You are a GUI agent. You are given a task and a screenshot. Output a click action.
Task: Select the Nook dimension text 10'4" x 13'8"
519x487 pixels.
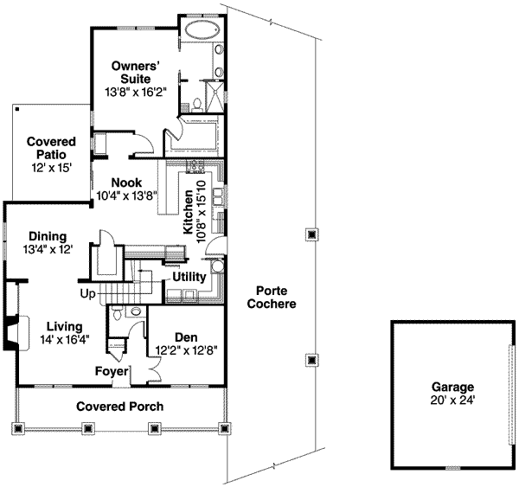tap(126, 195)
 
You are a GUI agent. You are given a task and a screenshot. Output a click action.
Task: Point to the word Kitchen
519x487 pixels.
tap(188, 212)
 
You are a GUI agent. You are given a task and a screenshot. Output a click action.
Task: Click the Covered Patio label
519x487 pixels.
tap(51, 147)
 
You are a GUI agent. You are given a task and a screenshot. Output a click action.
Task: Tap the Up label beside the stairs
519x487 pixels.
tap(88, 295)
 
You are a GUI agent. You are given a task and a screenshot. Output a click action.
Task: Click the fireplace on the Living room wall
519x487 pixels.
tap(10, 333)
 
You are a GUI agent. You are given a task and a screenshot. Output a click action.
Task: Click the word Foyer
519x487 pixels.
tap(112, 372)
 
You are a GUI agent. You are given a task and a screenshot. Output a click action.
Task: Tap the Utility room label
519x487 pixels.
tap(189, 278)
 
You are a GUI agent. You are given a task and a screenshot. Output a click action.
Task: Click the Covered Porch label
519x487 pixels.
tap(119, 407)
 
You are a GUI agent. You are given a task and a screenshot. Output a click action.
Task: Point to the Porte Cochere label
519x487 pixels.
tap(271, 298)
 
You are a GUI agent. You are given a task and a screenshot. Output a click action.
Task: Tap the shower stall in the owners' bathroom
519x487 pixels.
tap(211, 92)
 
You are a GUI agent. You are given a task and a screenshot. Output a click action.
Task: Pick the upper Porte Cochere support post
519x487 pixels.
tap(311, 234)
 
